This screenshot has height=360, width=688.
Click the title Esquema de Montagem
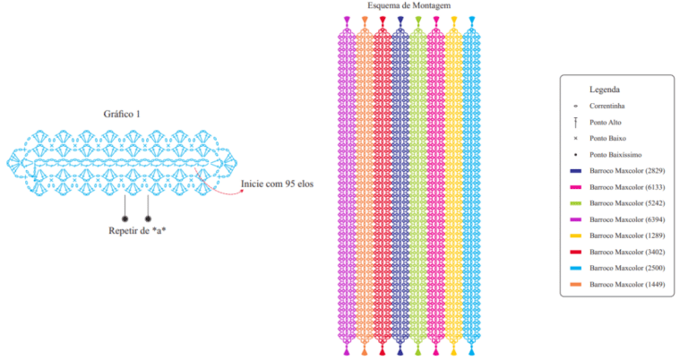[x=408, y=5]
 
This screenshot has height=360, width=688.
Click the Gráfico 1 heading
[x=122, y=114]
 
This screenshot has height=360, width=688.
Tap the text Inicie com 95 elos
[x=278, y=184]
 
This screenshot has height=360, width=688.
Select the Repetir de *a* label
[x=137, y=231]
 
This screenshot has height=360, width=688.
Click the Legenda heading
[x=604, y=90]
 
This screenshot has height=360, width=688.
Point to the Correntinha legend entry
[x=606, y=106]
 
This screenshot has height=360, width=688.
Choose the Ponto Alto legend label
[x=605, y=123]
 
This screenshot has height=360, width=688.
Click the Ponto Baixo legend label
[x=607, y=138]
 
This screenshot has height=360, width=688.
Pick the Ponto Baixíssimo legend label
[x=615, y=154]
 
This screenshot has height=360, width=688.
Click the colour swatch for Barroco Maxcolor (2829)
[x=575, y=171]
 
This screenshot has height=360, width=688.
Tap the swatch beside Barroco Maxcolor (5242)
[x=575, y=203]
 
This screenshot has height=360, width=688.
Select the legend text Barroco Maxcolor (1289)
[x=627, y=236]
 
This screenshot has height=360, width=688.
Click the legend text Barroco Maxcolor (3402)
[x=627, y=252]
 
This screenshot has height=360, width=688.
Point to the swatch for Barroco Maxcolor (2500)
[x=575, y=268]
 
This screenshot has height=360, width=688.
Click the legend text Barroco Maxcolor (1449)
[x=627, y=284]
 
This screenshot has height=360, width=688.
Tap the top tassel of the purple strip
[x=347, y=21]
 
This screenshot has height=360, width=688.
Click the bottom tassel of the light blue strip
[x=472, y=349]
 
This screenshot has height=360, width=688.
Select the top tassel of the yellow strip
[x=453, y=21]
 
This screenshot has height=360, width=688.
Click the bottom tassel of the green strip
[x=418, y=349]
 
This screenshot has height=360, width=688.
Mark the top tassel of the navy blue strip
[x=400, y=21]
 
